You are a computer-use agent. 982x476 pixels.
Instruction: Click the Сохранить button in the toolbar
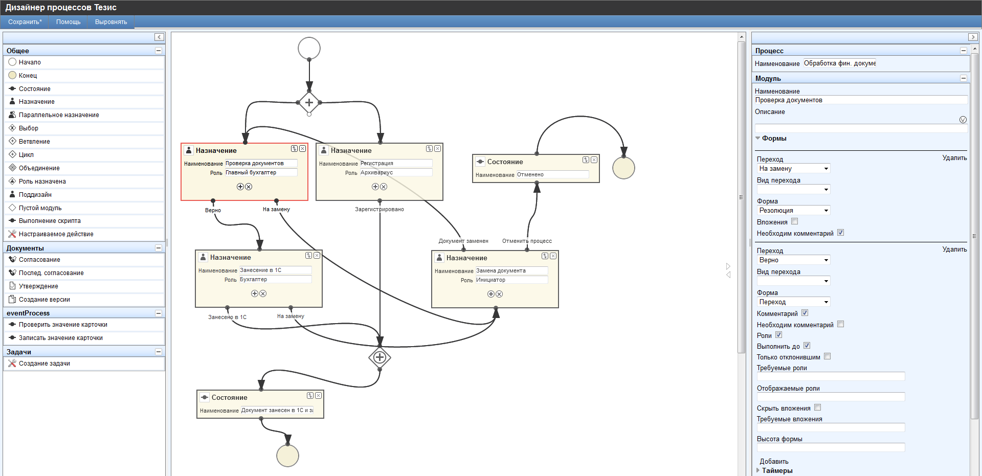25,22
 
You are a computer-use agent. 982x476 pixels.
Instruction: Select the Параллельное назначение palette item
59,115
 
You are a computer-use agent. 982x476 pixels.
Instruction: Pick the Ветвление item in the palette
34,142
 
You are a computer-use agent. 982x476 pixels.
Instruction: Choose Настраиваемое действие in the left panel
56,234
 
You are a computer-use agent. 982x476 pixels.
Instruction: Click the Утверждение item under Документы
38,286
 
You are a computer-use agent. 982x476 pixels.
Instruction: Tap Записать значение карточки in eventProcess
60,338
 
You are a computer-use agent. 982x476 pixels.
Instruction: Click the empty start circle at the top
309,49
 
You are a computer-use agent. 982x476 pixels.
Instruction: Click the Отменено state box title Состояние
505,162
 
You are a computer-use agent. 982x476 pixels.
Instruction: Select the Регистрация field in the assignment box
395,164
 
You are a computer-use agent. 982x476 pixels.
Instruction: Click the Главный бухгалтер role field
260,173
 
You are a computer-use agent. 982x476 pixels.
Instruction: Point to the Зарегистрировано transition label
379,209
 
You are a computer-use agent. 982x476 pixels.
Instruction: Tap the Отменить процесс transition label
527,241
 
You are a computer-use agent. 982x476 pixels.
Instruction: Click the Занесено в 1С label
227,317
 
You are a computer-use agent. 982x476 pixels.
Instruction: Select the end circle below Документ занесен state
287,456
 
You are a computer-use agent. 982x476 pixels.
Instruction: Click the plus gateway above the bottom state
380,357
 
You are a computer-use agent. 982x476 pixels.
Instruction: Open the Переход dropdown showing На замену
793,169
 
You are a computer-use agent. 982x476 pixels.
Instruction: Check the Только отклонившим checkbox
827,356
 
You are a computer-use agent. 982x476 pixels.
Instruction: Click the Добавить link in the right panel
774,461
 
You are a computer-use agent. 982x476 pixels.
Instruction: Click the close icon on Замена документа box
553,256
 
